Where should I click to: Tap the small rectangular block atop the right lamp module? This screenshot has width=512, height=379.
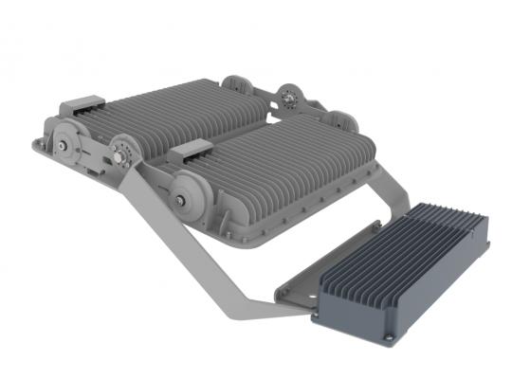(x=195, y=150)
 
